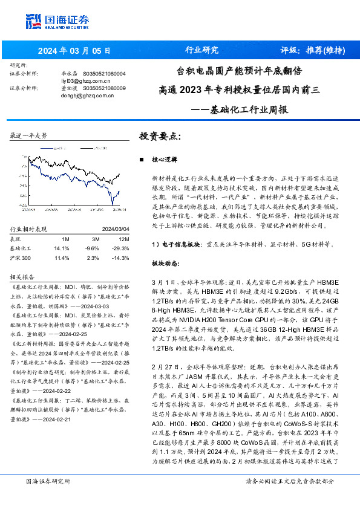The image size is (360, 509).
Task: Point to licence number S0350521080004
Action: tap(104, 73)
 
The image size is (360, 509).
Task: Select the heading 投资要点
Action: tap(160, 137)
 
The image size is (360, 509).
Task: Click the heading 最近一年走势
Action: tap(28, 136)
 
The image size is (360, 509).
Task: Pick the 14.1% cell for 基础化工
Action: tap(62, 248)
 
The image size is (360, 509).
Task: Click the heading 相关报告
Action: tap(25, 276)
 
